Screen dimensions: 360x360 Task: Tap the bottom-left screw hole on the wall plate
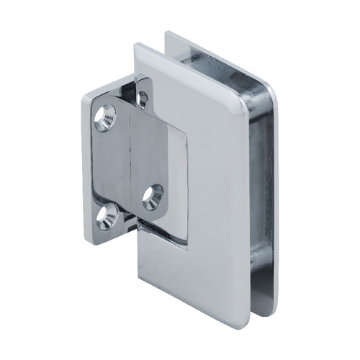[107, 217]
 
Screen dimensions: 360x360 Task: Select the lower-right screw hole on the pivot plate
[153, 196]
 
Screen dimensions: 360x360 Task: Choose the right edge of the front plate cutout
[189, 180]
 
